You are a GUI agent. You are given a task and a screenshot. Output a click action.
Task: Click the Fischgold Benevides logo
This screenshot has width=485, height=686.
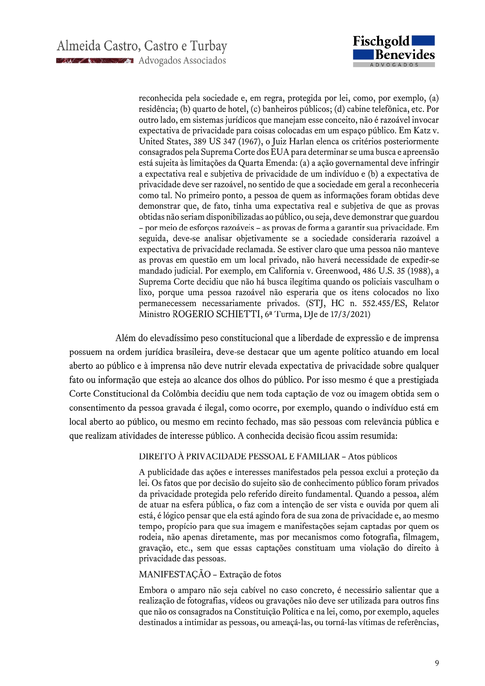pos(394,51)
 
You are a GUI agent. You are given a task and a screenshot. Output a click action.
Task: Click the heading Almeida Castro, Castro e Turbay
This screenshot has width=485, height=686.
pos(142,46)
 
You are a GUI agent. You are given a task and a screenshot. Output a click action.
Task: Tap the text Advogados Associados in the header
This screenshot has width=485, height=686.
pos(182,61)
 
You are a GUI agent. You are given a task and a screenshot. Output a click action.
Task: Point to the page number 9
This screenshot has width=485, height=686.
pos(437,663)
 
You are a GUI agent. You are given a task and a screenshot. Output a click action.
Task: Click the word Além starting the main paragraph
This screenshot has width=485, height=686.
pos(124,338)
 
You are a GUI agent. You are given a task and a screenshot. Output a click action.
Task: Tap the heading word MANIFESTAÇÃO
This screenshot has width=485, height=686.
pos(175,575)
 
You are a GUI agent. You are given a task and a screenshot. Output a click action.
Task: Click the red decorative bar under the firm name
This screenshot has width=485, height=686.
pos(95,61)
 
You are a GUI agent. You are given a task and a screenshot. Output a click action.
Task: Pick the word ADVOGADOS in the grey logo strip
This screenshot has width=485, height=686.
pos(394,65)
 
